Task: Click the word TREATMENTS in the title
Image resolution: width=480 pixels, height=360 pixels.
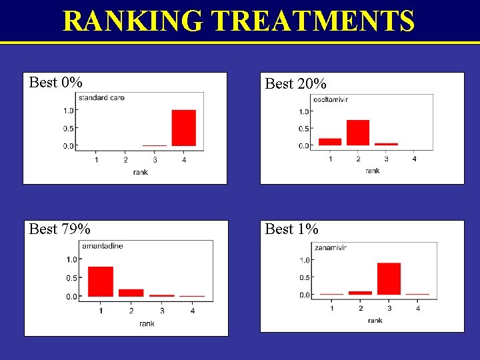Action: [x=315, y=21]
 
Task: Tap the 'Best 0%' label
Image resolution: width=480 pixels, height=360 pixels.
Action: [x=56, y=83]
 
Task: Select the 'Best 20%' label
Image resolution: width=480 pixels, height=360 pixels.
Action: [x=295, y=84]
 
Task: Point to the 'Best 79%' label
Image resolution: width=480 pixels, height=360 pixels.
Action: [x=59, y=229]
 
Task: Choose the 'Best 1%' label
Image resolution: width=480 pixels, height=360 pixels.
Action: [x=291, y=229]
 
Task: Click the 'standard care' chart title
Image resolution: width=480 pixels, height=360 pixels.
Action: [x=102, y=98]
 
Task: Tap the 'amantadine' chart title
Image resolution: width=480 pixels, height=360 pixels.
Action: [x=103, y=246]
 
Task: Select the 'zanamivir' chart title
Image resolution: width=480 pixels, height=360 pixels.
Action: [x=331, y=248]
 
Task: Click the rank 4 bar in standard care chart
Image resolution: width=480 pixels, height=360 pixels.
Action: [x=183, y=127]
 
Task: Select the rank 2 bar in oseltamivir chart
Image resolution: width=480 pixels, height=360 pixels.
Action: [x=358, y=133]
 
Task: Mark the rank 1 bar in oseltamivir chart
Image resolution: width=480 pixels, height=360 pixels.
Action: [x=330, y=141]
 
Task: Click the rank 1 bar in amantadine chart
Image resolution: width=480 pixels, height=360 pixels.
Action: [x=101, y=281]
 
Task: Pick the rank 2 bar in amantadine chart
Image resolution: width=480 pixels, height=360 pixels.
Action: [x=131, y=292]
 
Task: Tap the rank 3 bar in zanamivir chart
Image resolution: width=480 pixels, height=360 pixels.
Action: [x=389, y=279]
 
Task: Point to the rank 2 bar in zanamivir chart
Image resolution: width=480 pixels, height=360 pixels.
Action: [x=360, y=293]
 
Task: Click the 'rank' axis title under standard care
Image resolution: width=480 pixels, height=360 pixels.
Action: [x=140, y=172]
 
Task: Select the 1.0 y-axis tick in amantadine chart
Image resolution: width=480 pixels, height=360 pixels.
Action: [x=70, y=260]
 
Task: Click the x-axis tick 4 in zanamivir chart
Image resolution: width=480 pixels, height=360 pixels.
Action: [x=418, y=308]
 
